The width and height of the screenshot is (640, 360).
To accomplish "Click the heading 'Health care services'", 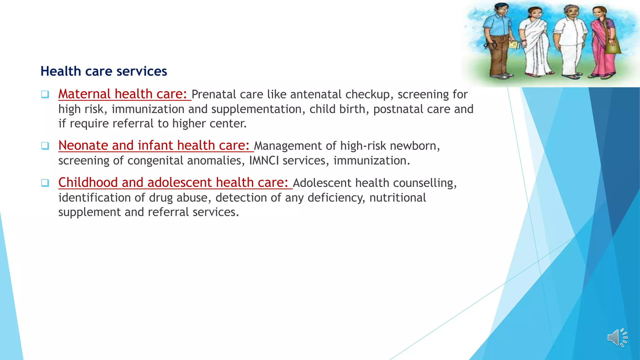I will (104, 71).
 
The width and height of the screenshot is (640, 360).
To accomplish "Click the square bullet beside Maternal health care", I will (45, 94).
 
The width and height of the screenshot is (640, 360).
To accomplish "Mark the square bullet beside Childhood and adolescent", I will (45, 183).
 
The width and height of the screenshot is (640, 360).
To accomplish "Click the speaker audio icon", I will (617, 338).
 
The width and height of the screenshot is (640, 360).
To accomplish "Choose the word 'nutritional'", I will (397, 198).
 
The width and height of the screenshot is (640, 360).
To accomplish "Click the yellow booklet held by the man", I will (513, 45).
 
